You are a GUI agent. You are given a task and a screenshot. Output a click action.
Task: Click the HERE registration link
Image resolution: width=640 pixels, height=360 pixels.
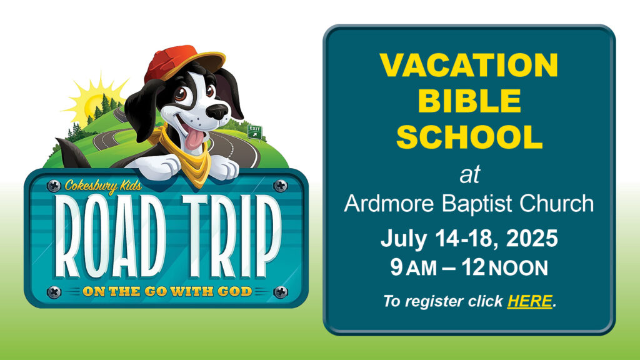click(x=530, y=301)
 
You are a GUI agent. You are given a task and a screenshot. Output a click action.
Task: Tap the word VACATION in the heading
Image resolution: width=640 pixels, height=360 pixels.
click(x=469, y=65)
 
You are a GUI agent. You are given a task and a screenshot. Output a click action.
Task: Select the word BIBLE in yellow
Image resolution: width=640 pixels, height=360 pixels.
click(x=469, y=101)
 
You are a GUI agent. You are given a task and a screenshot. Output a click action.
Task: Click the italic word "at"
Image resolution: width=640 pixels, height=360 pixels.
click(x=469, y=174)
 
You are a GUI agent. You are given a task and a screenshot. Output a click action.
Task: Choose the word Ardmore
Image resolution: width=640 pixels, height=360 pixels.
click(x=389, y=203)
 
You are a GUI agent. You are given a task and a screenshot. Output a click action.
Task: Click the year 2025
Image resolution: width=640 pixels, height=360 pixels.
click(x=532, y=238)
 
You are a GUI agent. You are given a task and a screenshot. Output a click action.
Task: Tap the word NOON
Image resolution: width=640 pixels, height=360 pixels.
click(x=518, y=268)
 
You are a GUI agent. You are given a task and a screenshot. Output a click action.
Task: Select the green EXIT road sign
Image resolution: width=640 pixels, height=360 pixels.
click(x=255, y=131)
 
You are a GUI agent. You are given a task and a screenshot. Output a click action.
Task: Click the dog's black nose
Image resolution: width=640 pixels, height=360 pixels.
click(x=217, y=111)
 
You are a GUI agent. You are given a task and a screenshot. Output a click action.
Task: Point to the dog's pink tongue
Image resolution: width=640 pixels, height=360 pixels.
click(x=194, y=139)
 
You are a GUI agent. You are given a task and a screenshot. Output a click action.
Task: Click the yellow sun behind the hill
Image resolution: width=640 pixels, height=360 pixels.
click(x=92, y=102)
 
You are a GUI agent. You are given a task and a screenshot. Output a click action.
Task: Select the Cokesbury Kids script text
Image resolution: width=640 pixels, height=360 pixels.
click(x=103, y=186)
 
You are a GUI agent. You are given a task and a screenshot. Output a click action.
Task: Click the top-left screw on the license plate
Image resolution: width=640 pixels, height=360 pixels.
click(x=54, y=186)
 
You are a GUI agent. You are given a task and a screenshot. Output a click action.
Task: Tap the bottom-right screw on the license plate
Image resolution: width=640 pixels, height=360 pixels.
click(x=281, y=292)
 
